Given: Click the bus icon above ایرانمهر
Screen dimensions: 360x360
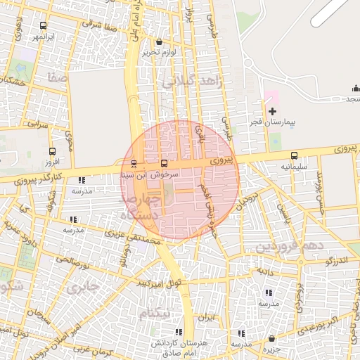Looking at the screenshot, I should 44,25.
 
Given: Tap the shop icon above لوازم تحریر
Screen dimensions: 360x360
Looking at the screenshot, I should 159,41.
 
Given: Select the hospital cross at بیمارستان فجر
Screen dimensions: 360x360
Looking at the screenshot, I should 273,111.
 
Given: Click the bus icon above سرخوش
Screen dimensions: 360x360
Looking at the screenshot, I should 165,162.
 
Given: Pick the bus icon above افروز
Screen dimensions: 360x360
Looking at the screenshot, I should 52,151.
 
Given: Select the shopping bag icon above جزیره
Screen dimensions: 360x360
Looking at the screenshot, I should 271,338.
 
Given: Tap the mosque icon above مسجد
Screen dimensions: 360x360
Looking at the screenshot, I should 354,89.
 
